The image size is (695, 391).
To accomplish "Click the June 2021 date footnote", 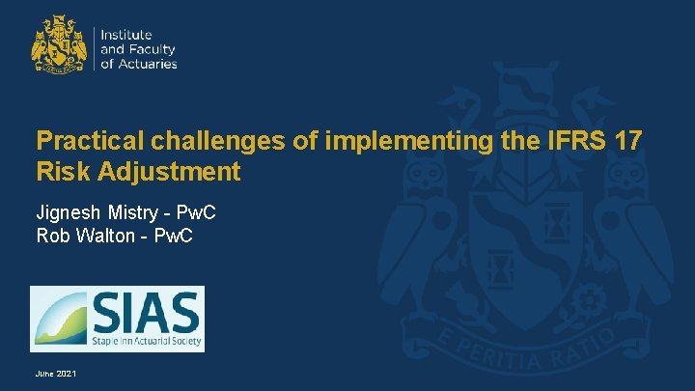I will pyautogui.click(x=56, y=373).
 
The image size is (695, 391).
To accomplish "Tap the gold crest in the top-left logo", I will pyautogui.click(x=59, y=44).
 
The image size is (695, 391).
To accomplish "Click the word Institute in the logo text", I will pyautogui.click(x=126, y=35).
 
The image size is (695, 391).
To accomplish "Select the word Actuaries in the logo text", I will pyautogui.click(x=146, y=64).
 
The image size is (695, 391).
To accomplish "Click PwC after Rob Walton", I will pyautogui.click(x=174, y=235).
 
